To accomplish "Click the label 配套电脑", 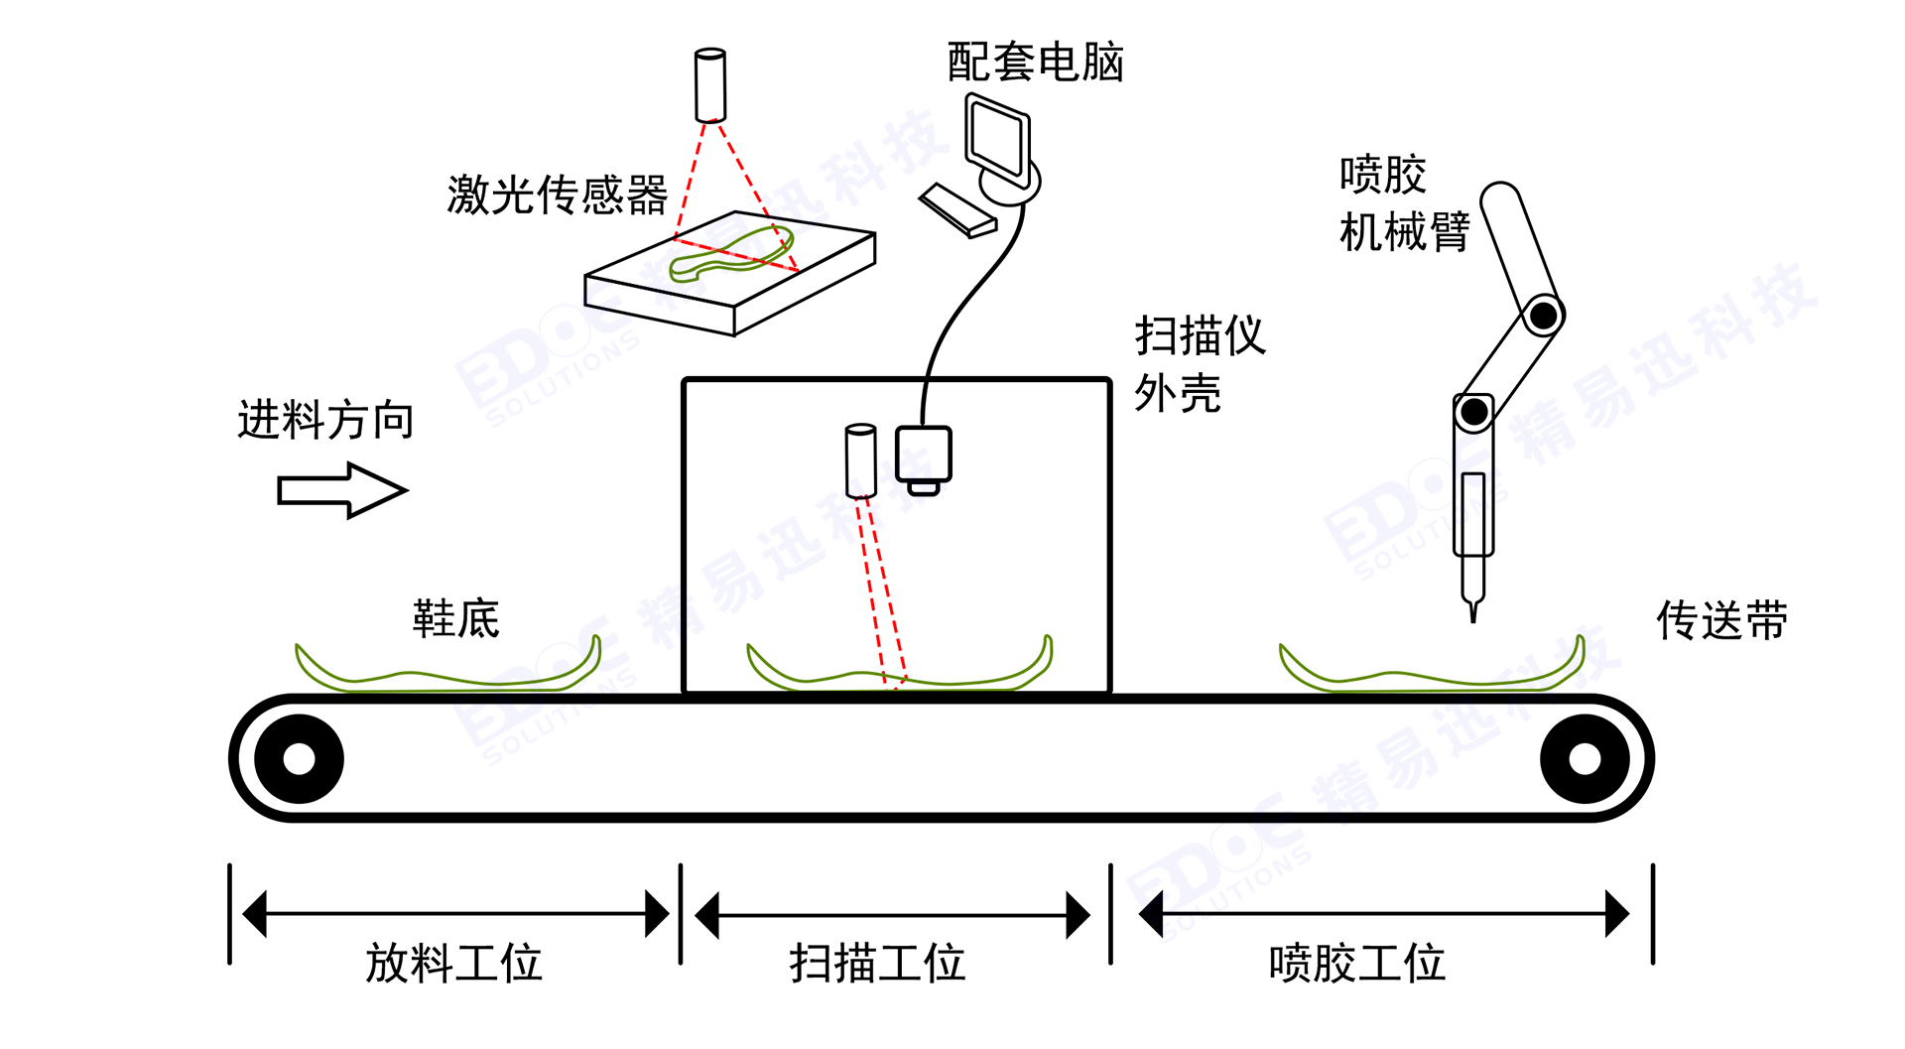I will pos(1035,63).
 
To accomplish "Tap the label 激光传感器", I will pos(557,195).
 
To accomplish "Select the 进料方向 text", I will pos(325,420).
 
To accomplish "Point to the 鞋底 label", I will pos(455,619).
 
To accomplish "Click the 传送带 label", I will pos(1721,621).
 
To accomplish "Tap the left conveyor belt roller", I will pos(299,759).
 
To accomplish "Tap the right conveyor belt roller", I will pos(1584,759).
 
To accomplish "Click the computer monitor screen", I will pos(997,139).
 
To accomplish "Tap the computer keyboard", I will pos(956,211).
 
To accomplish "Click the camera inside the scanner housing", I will pos(924,457).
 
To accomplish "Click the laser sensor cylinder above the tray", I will pos(710,84).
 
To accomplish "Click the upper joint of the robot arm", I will pos(1543,317).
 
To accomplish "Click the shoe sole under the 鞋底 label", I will pos(446,675).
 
